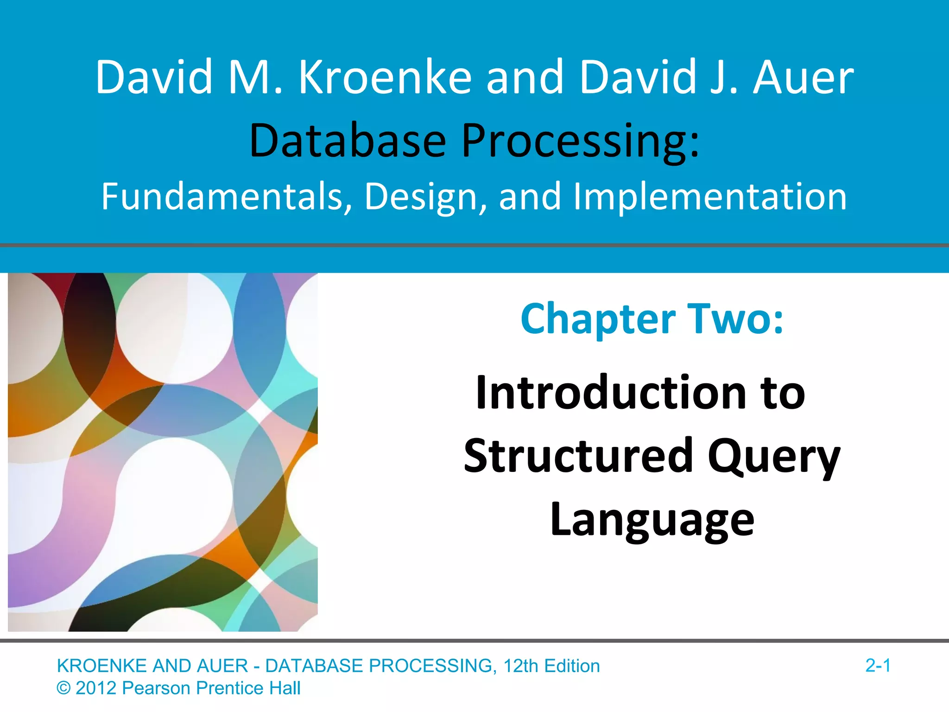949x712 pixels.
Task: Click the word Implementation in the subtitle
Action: point(710,197)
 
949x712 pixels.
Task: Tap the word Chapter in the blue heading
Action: point(598,319)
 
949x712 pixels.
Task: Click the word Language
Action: point(652,520)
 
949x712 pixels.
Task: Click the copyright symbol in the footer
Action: point(63,688)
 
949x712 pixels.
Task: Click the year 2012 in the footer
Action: point(96,688)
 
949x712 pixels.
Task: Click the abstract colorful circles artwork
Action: point(163,452)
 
